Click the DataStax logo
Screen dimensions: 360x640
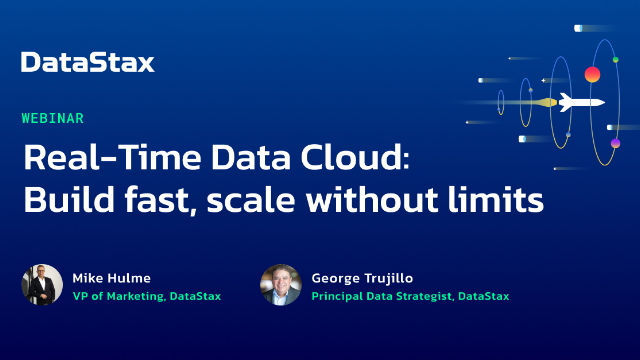88,63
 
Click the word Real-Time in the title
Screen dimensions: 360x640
90,159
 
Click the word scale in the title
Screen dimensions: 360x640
252,200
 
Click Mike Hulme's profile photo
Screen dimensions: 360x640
42,284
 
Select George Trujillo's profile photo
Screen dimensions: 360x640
281,284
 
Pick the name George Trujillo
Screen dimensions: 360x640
360,275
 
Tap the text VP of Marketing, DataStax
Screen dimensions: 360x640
146,295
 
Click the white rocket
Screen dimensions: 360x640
581,101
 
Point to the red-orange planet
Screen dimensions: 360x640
592,74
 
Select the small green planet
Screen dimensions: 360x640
615,60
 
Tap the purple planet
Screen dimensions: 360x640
615,144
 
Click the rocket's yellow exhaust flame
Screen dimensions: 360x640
547,102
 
